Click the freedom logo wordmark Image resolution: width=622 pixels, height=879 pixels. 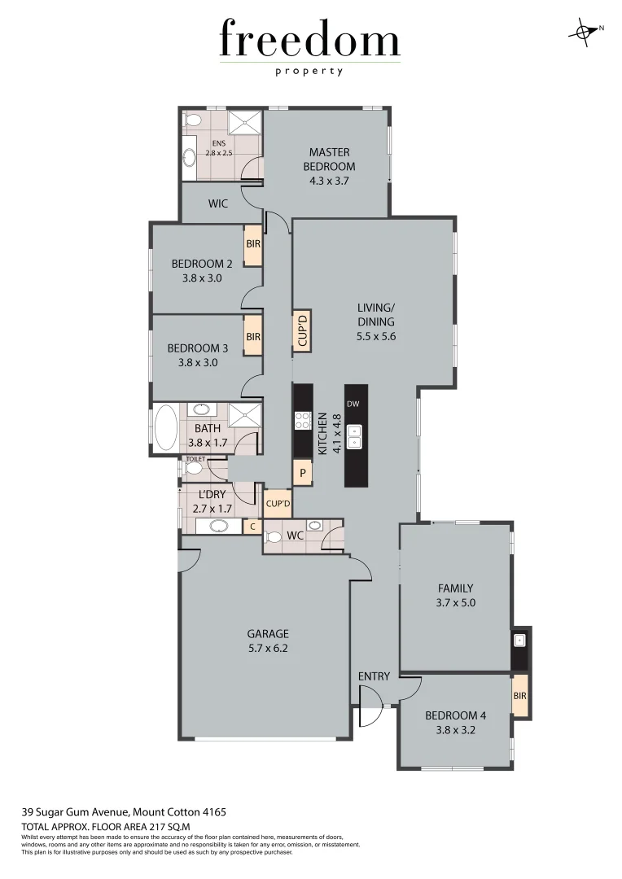[x=309, y=41]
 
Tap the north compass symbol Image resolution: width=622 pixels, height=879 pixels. [x=584, y=31]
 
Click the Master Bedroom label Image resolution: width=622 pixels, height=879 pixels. [x=329, y=160]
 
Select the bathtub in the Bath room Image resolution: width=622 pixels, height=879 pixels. [x=166, y=428]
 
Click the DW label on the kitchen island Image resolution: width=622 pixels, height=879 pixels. [x=352, y=404]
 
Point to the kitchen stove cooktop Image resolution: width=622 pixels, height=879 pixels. [x=302, y=421]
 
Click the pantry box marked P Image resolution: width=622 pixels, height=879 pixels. [x=302, y=473]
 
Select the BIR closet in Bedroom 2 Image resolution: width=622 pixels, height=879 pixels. [x=252, y=243]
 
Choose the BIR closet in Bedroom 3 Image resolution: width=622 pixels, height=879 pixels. [x=252, y=336]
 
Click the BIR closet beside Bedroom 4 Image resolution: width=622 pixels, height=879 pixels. [x=519, y=696]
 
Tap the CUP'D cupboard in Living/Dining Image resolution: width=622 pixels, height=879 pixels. [x=302, y=330]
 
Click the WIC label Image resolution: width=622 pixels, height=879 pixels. [x=217, y=204]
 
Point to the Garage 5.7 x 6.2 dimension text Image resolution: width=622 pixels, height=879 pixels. [x=268, y=649]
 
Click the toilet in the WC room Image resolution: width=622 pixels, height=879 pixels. [x=274, y=536]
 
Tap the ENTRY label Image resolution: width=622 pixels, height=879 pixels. [x=374, y=676]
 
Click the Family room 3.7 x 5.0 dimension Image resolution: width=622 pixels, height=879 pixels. [x=455, y=603]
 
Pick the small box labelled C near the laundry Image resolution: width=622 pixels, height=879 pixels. [x=252, y=527]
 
